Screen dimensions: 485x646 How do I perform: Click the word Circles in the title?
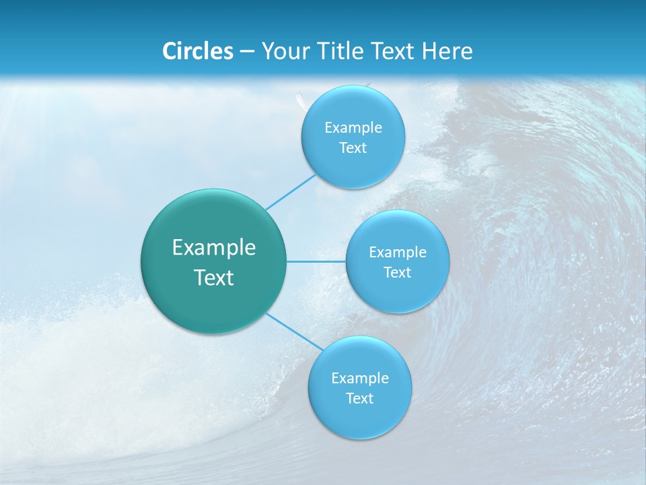point(198,51)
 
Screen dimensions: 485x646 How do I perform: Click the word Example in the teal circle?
point(214,248)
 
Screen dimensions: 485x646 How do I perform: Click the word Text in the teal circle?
point(214,278)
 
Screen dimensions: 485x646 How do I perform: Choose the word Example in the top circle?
point(353,128)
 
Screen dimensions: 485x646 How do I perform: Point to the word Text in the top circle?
point(353,148)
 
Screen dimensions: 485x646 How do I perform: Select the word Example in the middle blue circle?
point(398,253)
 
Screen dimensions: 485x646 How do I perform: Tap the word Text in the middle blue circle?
point(397,273)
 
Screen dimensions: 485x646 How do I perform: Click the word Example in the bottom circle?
point(360,379)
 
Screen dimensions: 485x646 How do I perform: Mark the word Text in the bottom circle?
point(359,399)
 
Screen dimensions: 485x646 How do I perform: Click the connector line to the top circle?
point(290,191)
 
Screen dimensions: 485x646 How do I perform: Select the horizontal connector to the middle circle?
point(316,261)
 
